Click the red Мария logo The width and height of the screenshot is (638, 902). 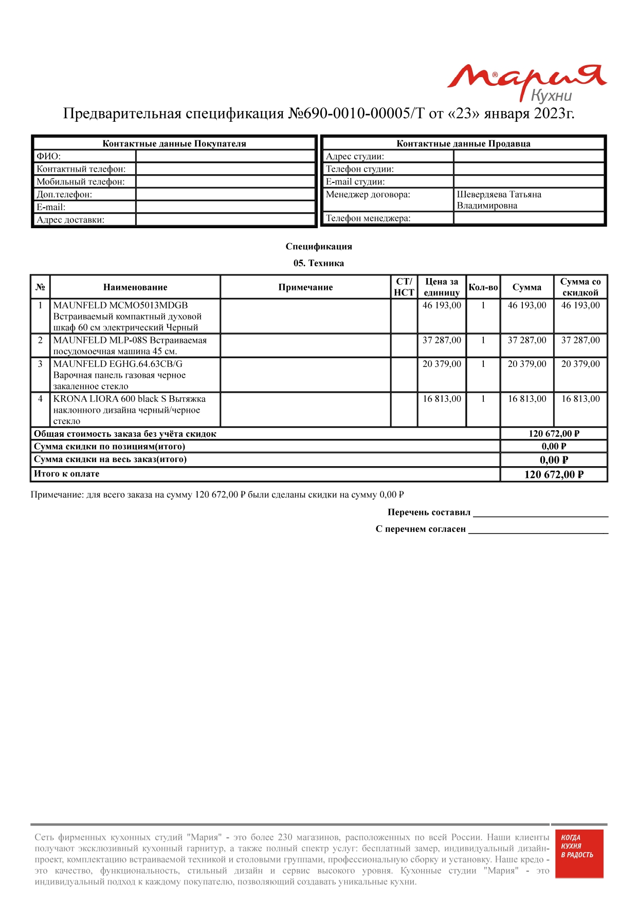click(x=527, y=81)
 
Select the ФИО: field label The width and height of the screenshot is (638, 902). click(x=49, y=156)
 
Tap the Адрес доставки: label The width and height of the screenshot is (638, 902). click(x=70, y=220)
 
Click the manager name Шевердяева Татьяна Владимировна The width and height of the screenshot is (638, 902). click(x=499, y=200)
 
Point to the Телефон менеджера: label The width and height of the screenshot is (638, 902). click(x=368, y=218)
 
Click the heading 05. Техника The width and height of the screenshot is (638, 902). click(x=319, y=263)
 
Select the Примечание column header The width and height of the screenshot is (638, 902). click(x=305, y=287)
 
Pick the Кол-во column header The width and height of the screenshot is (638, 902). click(x=483, y=287)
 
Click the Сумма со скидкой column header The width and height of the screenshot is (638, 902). click(x=580, y=287)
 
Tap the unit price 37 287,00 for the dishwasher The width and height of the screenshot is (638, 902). click(x=442, y=340)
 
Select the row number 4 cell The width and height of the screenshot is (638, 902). click(x=40, y=399)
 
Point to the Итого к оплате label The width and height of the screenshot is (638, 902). click(x=67, y=474)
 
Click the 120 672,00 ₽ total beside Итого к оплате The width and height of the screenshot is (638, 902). click(x=554, y=474)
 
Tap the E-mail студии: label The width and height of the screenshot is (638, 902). click(x=355, y=181)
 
